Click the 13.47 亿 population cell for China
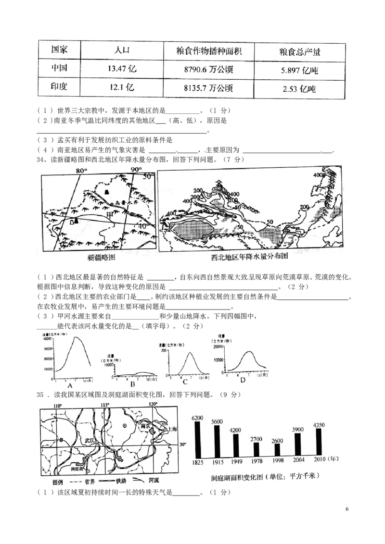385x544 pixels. click(x=122, y=69)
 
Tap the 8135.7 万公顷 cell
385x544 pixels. click(x=208, y=88)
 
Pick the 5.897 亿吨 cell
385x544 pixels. click(x=299, y=70)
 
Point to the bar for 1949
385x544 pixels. click(x=235, y=445)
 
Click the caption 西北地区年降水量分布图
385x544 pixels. click(x=249, y=257)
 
